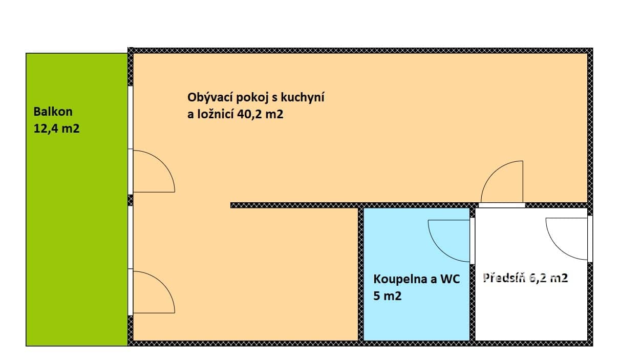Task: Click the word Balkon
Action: [x=53, y=112]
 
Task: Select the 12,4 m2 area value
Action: [x=56, y=129]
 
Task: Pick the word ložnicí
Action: [x=216, y=114]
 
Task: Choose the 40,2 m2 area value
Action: [x=260, y=114]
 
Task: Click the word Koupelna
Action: [x=400, y=280]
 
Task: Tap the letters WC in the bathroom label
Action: [x=450, y=279]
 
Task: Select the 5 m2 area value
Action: [x=387, y=296]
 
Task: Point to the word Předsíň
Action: [x=504, y=278]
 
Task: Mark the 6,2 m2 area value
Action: [x=548, y=278]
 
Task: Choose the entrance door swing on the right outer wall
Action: [x=558, y=247]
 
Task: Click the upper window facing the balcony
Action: [x=131, y=117]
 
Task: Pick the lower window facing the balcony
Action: [x=131, y=237]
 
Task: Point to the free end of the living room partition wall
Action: [x=231, y=205]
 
